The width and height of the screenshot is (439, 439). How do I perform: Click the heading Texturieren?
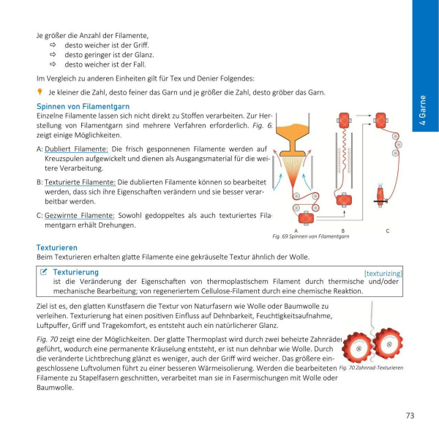point(59,247)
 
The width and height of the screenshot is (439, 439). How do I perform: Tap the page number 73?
point(410,416)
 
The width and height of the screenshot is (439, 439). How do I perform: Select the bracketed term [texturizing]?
point(383,273)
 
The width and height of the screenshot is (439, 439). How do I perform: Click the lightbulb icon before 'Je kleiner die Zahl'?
point(40,92)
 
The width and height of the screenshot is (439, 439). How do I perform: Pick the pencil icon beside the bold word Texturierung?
point(45,272)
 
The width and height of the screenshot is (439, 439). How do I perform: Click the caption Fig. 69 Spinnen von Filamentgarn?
point(310,237)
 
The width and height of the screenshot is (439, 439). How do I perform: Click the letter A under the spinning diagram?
point(296,230)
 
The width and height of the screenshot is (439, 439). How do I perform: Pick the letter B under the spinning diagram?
point(342,230)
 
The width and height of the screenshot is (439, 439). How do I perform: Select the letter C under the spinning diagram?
point(387,230)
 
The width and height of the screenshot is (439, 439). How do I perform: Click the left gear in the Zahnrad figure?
point(359,348)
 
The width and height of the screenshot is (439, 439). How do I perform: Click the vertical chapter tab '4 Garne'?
point(424,110)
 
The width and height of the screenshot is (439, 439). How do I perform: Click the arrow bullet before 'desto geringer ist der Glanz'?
point(53,54)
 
